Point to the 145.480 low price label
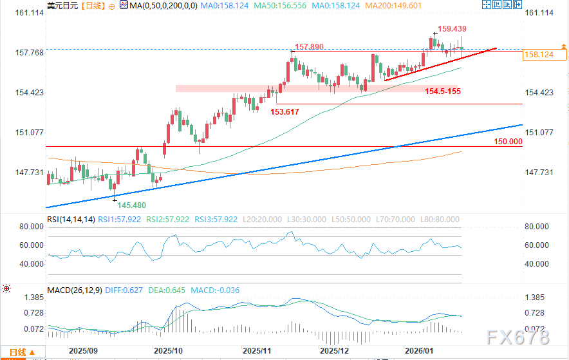coord(131,204)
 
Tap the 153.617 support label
coord(284,112)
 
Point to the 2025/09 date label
coord(84,351)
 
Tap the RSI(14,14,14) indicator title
coord(70,220)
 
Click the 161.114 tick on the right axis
coord(539,12)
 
